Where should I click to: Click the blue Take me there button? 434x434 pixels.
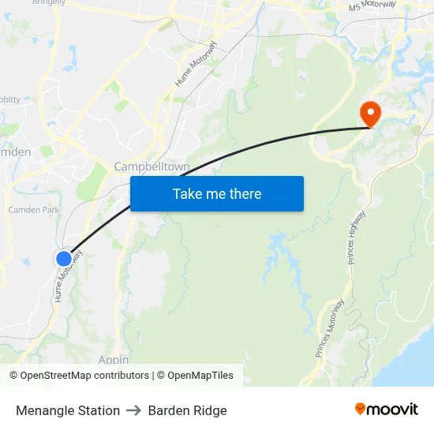[x=217, y=193]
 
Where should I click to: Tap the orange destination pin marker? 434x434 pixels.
[x=369, y=114]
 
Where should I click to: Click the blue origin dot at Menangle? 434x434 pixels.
[x=64, y=258]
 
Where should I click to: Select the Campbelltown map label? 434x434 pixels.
[x=152, y=166]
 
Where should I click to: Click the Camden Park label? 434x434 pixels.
[x=33, y=211]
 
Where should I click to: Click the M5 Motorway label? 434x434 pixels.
[x=372, y=6]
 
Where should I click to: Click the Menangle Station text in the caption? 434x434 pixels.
[x=68, y=410]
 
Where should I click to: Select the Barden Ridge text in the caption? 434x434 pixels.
[x=187, y=410]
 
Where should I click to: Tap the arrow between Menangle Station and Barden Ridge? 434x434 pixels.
[x=134, y=410]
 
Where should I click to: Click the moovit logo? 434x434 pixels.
[x=386, y=409]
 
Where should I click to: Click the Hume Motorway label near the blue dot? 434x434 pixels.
[x=68, y=276]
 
